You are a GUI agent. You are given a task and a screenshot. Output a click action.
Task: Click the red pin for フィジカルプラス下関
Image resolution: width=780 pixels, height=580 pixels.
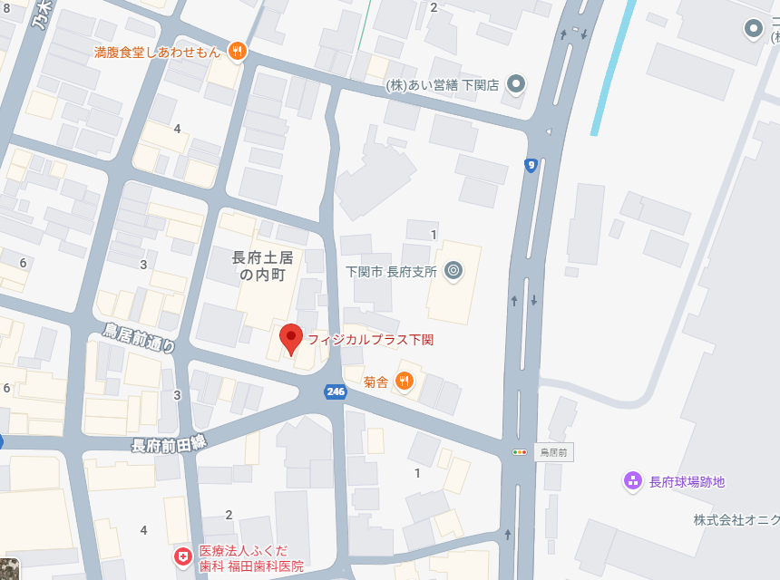tap(290, 339)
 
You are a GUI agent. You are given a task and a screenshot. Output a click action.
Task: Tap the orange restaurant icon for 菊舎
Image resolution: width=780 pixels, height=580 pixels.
tap(405, 382)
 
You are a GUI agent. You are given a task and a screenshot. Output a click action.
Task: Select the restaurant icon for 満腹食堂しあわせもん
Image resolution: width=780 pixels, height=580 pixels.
tap(236, 52)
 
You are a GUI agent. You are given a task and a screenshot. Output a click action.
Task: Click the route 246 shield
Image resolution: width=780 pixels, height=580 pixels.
tap(336, 391)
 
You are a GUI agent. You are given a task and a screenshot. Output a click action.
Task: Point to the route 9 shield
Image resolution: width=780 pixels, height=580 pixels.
tap(531, 165)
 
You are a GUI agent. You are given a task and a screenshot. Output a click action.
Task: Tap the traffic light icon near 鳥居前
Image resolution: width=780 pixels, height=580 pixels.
tap(520, 451)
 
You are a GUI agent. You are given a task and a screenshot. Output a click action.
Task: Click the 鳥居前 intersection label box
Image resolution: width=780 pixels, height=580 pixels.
tap(553, 451)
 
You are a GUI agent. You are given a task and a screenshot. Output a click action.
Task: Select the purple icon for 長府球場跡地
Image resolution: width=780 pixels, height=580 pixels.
tap(633, 481)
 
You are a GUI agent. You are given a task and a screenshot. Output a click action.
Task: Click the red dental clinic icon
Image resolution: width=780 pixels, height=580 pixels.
tap(183, 556)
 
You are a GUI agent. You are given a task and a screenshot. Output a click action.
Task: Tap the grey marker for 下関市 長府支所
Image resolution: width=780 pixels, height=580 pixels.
tap(453, 271)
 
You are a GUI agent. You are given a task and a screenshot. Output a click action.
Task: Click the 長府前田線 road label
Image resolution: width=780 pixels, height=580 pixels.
tap(170, 444)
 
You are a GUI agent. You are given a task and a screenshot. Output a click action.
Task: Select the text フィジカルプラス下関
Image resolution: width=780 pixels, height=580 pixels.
tap(370, 340)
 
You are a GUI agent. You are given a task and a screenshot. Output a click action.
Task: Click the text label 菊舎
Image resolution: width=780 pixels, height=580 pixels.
tap(376, 382)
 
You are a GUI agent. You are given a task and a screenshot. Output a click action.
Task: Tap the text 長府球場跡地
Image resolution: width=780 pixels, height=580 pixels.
tap(687, 482)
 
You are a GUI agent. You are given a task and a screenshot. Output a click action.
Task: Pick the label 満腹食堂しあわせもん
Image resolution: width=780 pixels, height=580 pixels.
tap(158, 52)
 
